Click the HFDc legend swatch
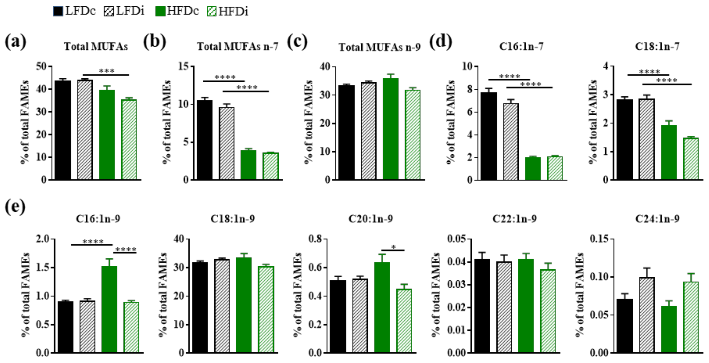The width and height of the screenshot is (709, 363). click(x=160, y=11)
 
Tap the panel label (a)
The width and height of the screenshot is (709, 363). click(x=15, y=42)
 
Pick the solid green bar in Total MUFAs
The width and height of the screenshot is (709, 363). click(x=107, y=135)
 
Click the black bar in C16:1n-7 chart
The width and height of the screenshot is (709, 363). click(x=489, y=136)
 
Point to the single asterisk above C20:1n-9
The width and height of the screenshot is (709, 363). click(x=393, y=247)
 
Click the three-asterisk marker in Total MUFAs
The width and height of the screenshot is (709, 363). click(x=107, y=71)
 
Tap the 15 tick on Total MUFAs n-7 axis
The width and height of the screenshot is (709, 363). click(x=184, y=66)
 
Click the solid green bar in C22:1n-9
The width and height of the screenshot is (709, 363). click(x=526, y=306)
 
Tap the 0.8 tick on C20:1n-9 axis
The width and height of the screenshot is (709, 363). click(x=315, y=239)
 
